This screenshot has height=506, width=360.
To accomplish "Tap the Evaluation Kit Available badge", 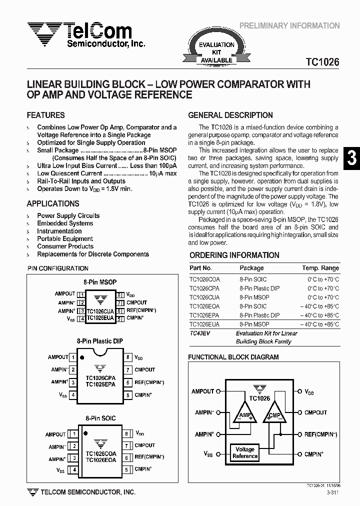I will pyautogui.click(x=216, y=52).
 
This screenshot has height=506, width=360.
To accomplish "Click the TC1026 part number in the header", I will pyautogui.click(x=322, y=62).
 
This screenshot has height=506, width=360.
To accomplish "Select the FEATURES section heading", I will pyautogui.click(x=45, y=115).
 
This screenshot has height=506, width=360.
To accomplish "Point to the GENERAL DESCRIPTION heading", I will pyautogui.click(x=230, y=115).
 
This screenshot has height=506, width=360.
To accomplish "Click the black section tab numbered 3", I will pyautogui.click(x=351, y=158).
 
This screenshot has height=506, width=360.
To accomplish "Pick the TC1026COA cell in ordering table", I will pyautogui.click(x=203, y=279).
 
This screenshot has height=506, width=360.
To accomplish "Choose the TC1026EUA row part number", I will pyautogui.click(x=203, y=324).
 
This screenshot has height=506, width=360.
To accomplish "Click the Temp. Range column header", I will pyautogui.click(x=320, y=268).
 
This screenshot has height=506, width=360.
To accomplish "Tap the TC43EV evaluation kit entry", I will pyautogui.click(x=199, y=333).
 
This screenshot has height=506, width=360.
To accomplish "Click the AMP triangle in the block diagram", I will pyautogui.click(x=244, y=415).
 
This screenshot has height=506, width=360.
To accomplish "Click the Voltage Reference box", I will pyautogui.click(x=245, y=452).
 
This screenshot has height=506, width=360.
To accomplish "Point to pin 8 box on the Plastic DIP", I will pyautogui.click(x=128, y=357).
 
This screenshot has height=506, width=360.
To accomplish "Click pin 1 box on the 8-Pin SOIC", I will pyautogui.click(x=74, y=434).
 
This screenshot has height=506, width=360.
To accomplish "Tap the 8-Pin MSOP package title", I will pyautogui.click(x=100, y=282).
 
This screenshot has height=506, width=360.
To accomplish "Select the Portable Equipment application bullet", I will pyautogui.click(x=65, y=238).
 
